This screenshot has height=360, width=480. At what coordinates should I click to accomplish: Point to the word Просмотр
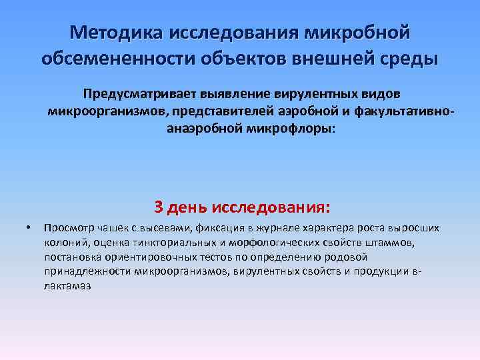pos(65,229)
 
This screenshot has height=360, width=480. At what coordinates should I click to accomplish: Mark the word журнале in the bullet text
pos(263,229)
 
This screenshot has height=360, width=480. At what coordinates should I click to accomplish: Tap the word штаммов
pos(391,243)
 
